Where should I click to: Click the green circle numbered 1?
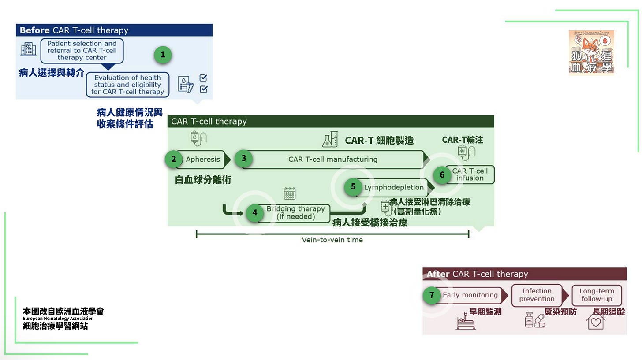click(x=163, y=55)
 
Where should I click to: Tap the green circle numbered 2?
click(x=174, y=159)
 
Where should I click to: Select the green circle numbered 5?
click(x=353, y=187)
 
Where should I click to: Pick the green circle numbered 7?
click(x=432, y=295)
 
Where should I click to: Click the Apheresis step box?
click(x=203, y=160)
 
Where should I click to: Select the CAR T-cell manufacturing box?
click(x=333, y=160)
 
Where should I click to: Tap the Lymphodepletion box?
click(x=393, y=187)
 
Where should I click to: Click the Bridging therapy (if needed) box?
click(x=295, y=213)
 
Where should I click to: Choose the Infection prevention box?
click(x=537, y=295)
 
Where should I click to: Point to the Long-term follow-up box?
click(x=596, y=295)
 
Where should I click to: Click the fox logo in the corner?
click(x=591, y=53)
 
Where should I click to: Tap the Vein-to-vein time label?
click(x=332, y=240)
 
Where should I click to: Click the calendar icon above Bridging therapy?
click(x=290, y=193)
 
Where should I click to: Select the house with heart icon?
click(x=595, y=321)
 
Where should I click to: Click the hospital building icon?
click(x=28, y=49)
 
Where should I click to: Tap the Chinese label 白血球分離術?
click(x=203, y=180)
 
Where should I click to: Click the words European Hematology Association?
click(x=58, y=319)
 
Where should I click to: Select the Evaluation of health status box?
click(x=127, y=85)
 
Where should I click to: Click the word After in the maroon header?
click(x=438, y=274)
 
